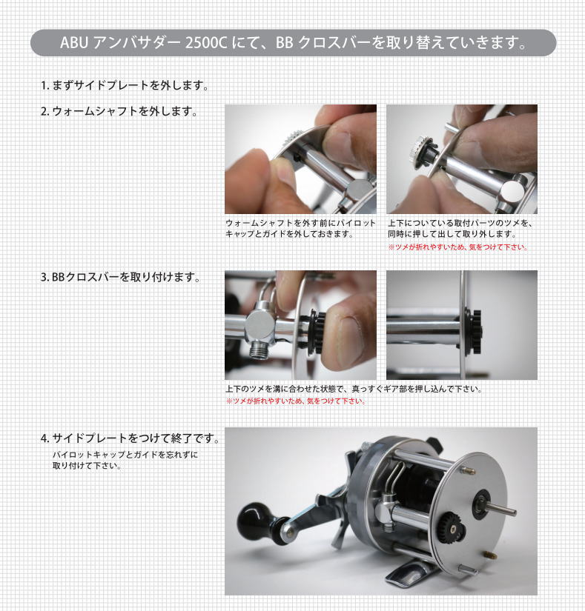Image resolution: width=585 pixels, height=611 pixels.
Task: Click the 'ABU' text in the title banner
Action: pos(74,42)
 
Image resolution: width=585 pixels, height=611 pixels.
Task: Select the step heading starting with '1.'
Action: pos(125,85)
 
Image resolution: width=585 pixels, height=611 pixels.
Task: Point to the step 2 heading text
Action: pos(119,111)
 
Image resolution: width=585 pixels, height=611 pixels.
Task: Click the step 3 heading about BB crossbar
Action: pos(121,277)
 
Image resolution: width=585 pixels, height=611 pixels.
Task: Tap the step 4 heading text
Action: pos(130,438)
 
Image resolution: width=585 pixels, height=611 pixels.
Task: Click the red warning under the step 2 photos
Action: pos(458,247)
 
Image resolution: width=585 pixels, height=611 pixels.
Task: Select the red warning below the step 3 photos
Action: pos(296,401)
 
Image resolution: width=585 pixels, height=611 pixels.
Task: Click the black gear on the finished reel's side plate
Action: pos(453,528)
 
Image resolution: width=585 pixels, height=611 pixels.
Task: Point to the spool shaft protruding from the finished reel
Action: pos(500,509)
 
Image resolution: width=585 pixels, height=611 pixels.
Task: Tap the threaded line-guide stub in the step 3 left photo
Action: pos(257,352)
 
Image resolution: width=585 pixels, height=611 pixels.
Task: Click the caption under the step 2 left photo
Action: pos(300,228)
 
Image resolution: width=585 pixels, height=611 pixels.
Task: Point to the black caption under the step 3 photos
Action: pos(354,389)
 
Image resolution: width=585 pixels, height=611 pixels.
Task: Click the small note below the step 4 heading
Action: pos(125,460)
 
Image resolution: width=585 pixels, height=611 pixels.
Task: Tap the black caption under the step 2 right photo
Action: pos(460,228)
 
